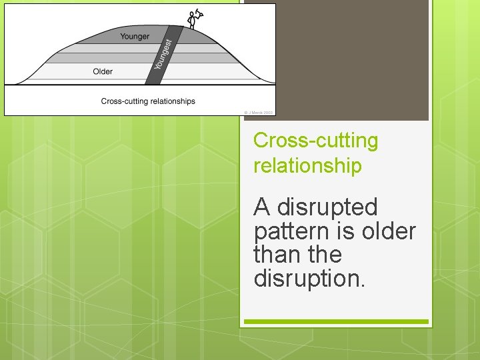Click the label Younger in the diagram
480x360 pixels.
[x=135, y=37]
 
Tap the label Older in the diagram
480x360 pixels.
[x=103, y=71]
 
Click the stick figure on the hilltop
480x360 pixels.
[x=193, y=19]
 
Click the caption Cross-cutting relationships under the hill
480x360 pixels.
[x=148, y=101]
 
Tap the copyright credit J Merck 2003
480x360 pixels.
[x=259, y=113]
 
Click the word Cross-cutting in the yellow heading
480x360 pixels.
[x=315, y=141]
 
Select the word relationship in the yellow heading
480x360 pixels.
[x=307, y=165]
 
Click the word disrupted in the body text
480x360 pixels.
[x=327, y=208]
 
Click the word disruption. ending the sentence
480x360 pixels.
[x=309, y=278]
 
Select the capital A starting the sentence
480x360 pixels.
[x=262, y=207]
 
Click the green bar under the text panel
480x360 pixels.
[x=336, y=322]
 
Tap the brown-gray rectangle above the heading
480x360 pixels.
[x=336, y=60]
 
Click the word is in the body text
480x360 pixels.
[x=346, y=232]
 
